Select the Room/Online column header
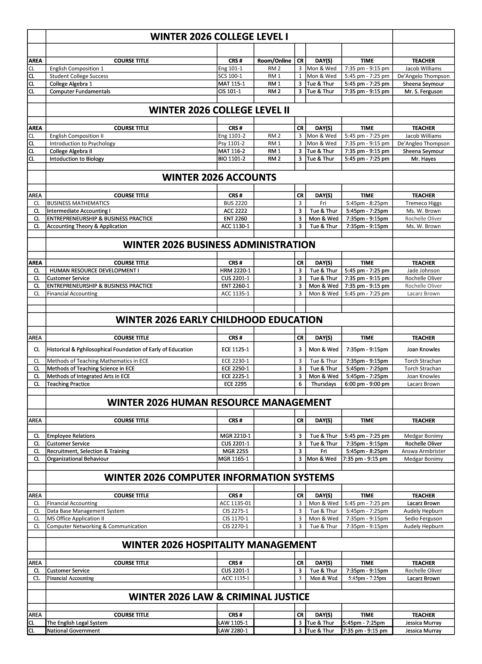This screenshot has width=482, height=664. click(274, 61)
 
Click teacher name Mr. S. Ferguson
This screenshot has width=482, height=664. click(423, 91)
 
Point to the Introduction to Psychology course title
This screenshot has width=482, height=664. click(82, 144)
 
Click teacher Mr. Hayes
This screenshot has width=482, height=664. click(423, 159)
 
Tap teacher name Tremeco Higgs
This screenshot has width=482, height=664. click(423, 203)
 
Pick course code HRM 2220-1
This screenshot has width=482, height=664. click(235, 271)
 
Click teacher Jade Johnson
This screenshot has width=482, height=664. click(423, 271)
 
